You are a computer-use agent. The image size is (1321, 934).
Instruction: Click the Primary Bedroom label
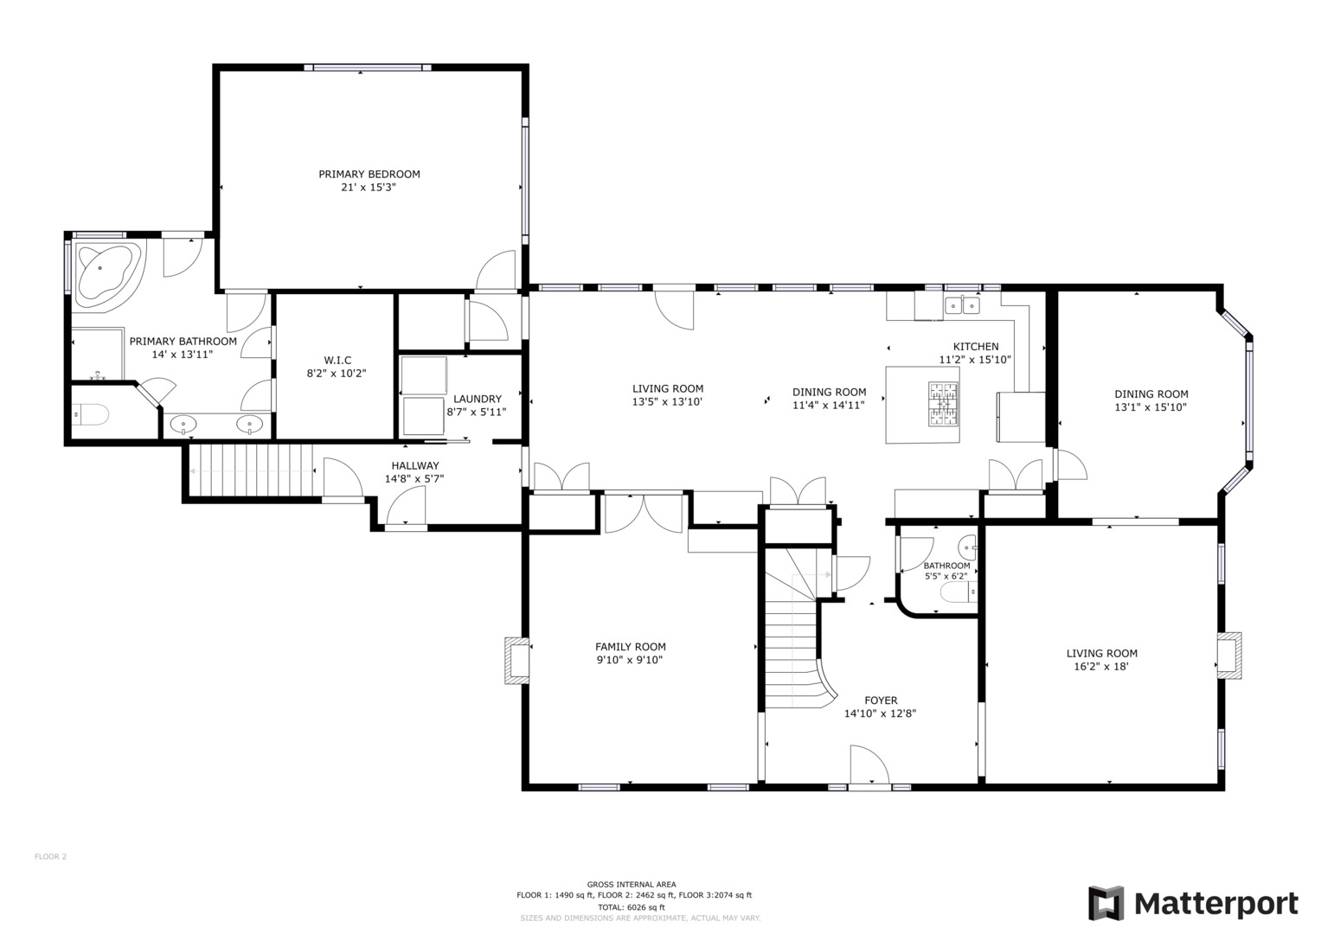tap(369, 174)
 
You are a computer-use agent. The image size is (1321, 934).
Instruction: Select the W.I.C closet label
tap(337, 361)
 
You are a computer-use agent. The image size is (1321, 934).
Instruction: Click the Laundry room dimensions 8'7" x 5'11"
tap(477, 412)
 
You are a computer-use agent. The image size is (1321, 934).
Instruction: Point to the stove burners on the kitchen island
tap(943, 404)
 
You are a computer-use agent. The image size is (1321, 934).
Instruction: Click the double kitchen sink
tap(962, 305)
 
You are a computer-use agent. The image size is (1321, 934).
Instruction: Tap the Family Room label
tap(631, 646)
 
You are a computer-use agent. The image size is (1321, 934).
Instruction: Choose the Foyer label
tap(881, 700)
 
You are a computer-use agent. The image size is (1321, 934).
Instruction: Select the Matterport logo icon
tap(1106, 903)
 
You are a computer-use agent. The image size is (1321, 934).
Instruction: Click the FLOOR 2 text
tap(51, 856)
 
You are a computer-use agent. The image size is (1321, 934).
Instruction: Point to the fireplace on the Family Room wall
tap(516, 661)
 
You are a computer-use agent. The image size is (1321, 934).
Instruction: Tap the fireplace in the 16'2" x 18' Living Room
tap(1229, 656)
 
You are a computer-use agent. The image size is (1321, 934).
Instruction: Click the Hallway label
tap(415, 465)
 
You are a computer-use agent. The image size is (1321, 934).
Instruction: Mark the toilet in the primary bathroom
tap(91, 414)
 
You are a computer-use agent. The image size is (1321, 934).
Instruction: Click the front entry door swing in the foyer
tap(869, 764)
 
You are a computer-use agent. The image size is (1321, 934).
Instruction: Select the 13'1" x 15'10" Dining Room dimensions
tap(1151, 406)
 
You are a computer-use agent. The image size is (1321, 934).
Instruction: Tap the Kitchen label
tap(976, 346)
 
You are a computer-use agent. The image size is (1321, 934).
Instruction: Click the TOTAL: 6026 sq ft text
tap(632, 907)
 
